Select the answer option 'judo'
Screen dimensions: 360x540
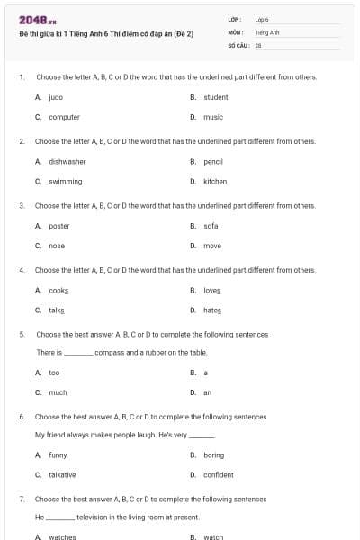(56, 97)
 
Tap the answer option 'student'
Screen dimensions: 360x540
(216, 97)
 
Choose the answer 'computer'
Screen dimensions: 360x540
(64, 117)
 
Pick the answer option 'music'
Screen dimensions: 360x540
(213, 117)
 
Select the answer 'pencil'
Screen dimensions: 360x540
(213, 161)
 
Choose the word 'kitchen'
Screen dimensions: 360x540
(215, 181)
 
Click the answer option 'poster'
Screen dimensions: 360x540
(59, 226)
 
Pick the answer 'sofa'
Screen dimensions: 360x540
(211, 226)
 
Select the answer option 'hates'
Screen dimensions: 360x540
(212, 310)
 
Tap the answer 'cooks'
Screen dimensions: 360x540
(59, 290)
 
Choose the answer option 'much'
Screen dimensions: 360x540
(58, 392)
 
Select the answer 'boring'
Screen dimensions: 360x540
(214, 454)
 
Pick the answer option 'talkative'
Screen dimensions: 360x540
(63, 474)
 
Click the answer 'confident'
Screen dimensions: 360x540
(219, 474)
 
